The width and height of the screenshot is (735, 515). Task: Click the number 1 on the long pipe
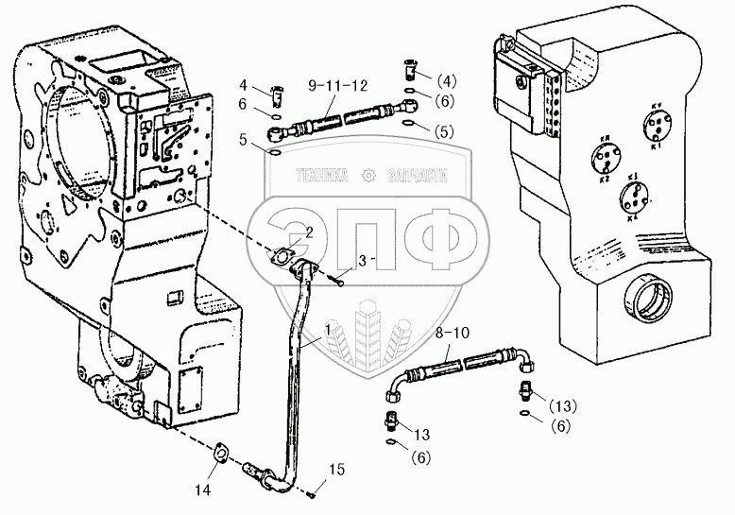point(327,329)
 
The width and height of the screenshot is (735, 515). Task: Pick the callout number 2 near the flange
point(308,232)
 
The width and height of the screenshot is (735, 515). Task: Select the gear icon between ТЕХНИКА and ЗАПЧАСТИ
point(367,175)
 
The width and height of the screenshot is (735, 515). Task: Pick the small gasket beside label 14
point(220,454)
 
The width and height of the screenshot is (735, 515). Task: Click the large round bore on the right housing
point(647,306)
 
